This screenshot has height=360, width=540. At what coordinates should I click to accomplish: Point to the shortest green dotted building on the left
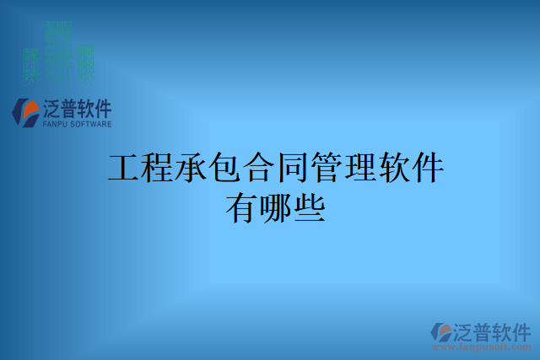32,62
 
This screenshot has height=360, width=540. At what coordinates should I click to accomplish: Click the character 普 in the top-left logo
66,109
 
